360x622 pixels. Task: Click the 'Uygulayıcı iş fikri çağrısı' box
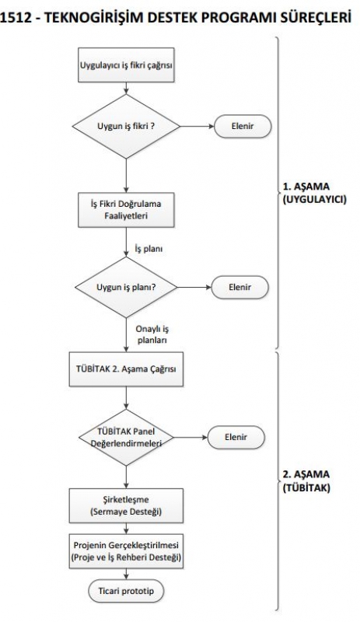[x=126, y=65]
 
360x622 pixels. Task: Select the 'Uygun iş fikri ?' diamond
[x=126, y=127]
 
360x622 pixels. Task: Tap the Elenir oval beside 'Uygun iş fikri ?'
[x=243, y=127]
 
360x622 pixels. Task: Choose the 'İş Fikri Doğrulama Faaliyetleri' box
[x=126, y=210]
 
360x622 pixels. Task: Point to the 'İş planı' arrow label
[x=149, y=250]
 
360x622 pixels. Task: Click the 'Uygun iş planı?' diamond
[x=126, y=287]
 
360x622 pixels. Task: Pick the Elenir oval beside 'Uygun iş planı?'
[x=239, y=287]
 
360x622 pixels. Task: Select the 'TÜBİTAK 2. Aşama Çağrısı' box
[x=126, y=369]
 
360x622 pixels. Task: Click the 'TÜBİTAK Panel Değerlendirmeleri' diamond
[x=126, y=438]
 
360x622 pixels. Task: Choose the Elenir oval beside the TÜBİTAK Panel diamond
[x=236, y=438]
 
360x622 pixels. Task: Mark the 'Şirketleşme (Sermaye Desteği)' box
[x=126, y=505]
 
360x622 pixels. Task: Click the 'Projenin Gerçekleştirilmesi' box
[x=126, y=551]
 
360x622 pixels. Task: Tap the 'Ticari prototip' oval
[x=126, y=591]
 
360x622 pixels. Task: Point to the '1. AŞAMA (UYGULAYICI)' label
[x=314, y=193]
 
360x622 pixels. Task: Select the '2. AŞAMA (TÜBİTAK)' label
[x=306, y=480]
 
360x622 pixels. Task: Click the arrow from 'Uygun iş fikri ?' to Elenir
[x=197, y=127]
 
